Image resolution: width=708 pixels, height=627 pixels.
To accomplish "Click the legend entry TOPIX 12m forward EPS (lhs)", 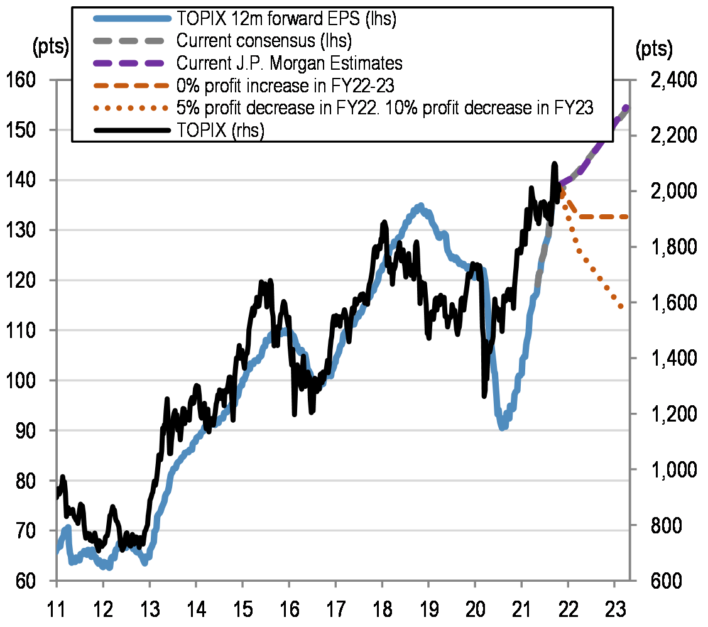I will tap(285, 19).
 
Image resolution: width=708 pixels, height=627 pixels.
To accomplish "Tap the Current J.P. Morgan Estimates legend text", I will tap(289, 63).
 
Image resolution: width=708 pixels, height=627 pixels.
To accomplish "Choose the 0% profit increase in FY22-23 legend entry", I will tap(285, 85).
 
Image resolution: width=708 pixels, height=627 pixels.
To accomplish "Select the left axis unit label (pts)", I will tap(51, 48).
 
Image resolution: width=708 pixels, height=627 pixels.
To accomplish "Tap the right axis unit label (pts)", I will tap(653, 48).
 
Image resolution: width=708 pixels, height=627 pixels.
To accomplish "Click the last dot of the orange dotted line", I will tap(621, 307).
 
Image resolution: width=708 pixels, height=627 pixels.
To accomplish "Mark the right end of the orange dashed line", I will tap(626, 217).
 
